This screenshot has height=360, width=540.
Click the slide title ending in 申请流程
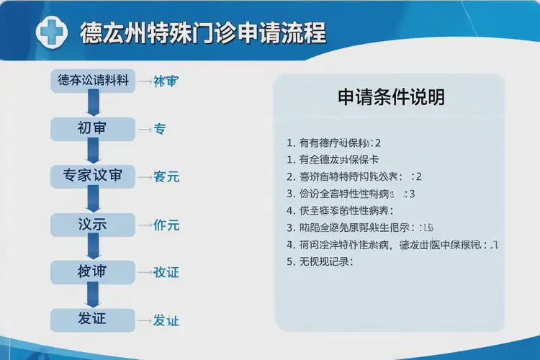(x=202, y=32)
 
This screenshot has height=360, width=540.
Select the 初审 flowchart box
(x=92, y=129)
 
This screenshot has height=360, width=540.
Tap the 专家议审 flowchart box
(x=92, y=176)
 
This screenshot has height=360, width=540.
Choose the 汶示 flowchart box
(x=92, y=225)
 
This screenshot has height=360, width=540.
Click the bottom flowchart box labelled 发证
(x=92, y=318)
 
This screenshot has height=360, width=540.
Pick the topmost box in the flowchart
(x=92, y=81)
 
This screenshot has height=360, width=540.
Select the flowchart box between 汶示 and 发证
(x=92, y=271)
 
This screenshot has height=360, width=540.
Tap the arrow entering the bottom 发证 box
(x=92, y=295)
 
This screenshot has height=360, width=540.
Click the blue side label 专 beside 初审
(x=160, y=130)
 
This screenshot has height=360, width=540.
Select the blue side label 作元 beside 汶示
(x=166, y=225)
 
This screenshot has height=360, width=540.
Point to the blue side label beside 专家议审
(x=166, y=177)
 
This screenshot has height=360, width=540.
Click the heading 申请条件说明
(x=391, y=97)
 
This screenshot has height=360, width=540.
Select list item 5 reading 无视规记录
(x=325, y=262)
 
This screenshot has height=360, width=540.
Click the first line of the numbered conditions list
(x=333, y=143)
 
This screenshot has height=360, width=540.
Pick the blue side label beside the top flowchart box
(x=166, y=81)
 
